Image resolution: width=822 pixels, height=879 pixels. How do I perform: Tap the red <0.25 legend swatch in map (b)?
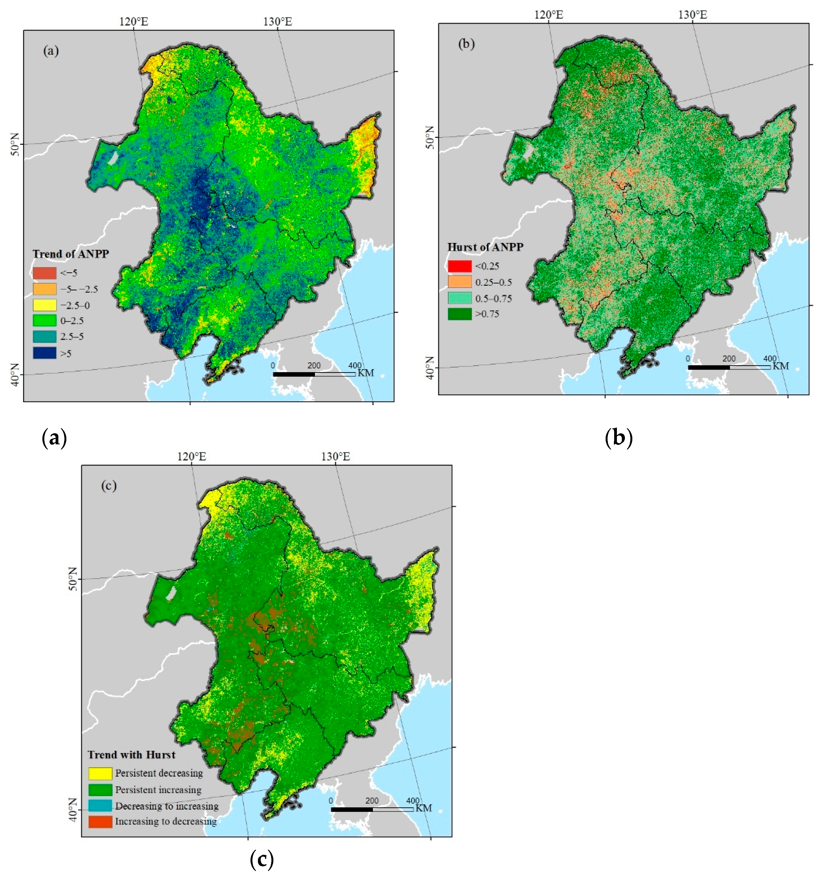coord(459,266)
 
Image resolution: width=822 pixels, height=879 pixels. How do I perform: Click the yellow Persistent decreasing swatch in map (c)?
coord(100,773)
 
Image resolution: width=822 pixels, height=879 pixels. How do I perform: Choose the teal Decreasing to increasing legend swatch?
coord(100,805)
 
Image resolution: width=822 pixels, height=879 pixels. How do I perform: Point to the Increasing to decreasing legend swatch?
coord(100,821)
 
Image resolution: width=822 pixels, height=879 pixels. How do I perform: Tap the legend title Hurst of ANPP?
coord(485,247)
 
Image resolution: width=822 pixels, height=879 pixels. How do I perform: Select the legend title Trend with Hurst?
coord(131,755)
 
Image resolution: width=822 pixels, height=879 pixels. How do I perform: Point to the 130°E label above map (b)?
coord(692,15)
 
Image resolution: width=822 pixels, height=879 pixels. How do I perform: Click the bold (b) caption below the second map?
coord(618,438)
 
